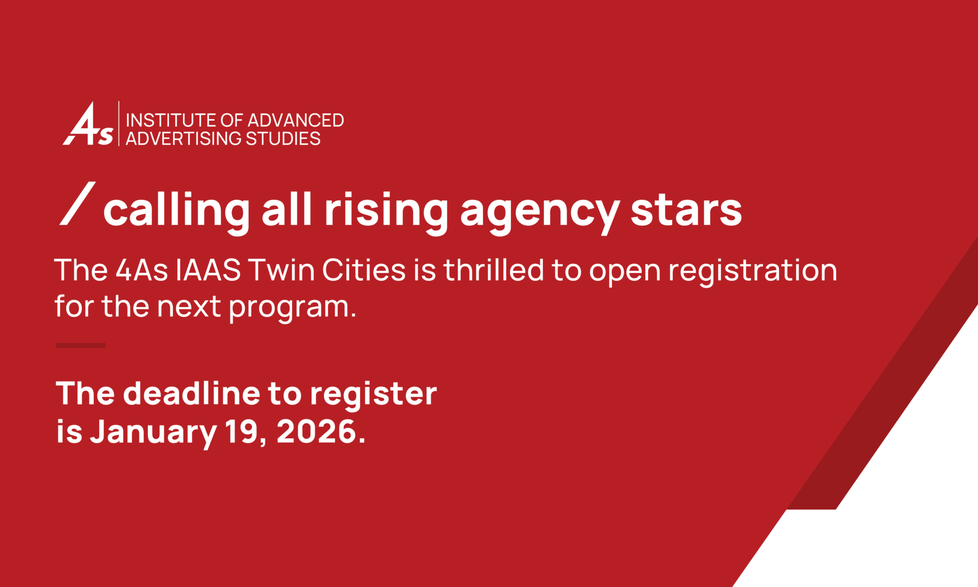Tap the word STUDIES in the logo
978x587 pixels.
tap(283, 139)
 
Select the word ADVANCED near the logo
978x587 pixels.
tap(296, 120)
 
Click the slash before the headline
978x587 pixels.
tap(77, 203)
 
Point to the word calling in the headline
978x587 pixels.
tap(176, 211)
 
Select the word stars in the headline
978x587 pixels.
tap(686, 211)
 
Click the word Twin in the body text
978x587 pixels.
tap(282, 270)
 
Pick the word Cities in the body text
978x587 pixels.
tap(364, 270)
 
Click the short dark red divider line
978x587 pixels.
tap(81, 345)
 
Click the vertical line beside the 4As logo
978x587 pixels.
tap(119, 124)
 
